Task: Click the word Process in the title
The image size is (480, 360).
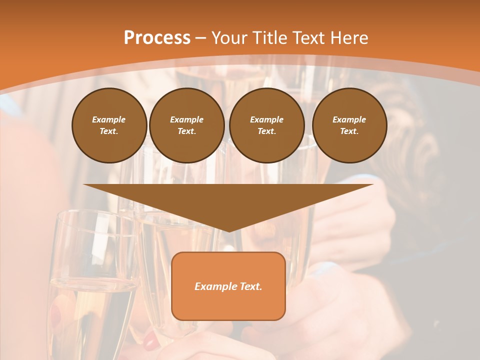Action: click(157, 38)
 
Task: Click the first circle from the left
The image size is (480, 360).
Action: click(109, 125)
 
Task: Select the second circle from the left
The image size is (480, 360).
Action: click(186, 125)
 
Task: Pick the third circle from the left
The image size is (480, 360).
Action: click(266, 125)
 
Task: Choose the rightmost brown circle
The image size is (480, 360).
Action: click(349, 125)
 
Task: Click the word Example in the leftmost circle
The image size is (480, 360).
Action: click(109, 119)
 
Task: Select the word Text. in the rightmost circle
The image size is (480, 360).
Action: click(349, 131)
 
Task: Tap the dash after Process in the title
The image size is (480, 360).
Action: click(200, 38)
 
